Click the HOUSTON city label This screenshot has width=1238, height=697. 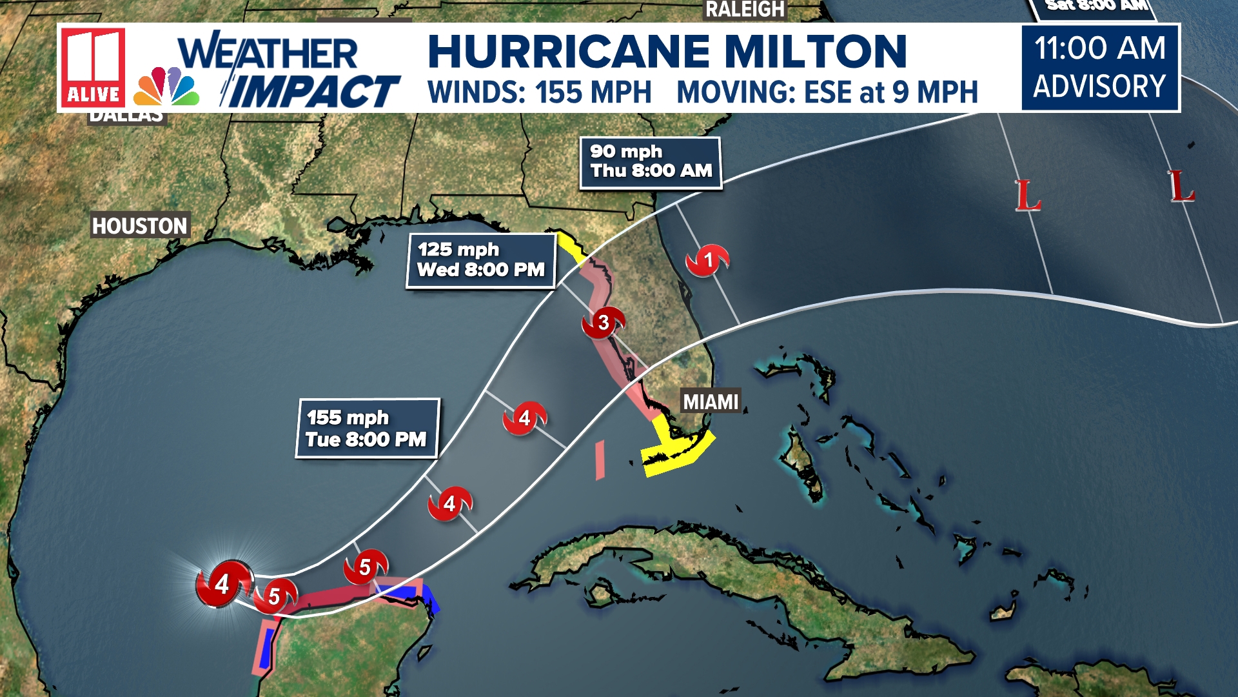click(140, 226)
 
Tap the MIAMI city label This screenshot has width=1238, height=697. click(711, 402)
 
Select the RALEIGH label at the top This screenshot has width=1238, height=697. click(745, 10)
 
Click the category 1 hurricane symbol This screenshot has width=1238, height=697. click(707, 260)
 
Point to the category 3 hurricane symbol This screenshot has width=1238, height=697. click(604, 322)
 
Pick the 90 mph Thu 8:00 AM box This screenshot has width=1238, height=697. click(651, 162)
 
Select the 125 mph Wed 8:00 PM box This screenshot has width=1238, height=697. click(481, 260)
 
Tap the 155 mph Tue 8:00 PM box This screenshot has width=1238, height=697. click(367, 429)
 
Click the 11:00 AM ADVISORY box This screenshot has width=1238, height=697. click(1100, 68)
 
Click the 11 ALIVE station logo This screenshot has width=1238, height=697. click(93, 68)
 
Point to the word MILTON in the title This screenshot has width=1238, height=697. click(816, 51)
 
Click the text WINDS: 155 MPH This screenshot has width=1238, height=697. click(540, 92)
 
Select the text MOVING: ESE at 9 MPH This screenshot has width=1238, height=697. click(827, 92)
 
